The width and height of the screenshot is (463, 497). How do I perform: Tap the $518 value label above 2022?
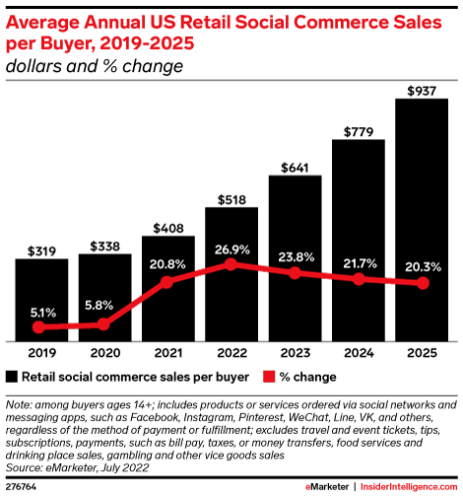click(231, 197)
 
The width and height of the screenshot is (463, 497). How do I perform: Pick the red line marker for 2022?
click(231, 264)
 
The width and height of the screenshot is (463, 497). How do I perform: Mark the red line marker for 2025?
click(423, 283)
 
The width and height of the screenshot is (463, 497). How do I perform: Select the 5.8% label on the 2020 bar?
click(104, 307)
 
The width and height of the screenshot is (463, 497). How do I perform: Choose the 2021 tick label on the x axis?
click(168, 352)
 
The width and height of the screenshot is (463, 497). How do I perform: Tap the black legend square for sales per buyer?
click(13, 377)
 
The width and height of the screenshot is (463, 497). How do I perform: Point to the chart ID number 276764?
click(23, 487)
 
